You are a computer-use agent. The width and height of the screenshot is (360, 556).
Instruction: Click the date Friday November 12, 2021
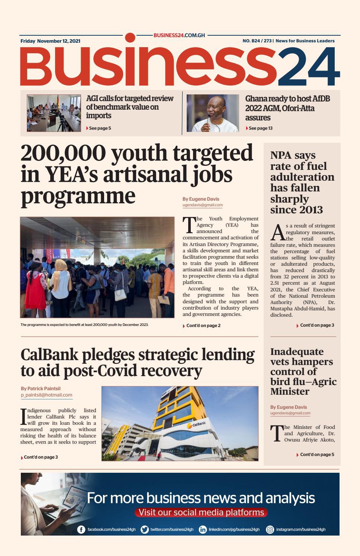(50, 41)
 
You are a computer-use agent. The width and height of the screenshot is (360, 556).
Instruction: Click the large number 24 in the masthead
(308, 67)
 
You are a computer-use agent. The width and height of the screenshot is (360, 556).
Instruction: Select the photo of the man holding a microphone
(213, 113)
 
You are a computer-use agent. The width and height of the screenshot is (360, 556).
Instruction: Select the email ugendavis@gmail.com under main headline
(203, 205)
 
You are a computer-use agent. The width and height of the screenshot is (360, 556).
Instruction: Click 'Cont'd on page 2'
(203, 326)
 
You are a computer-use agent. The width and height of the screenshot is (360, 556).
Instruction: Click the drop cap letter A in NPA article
(277, 233)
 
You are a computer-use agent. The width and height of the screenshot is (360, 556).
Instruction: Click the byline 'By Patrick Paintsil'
(41, 388)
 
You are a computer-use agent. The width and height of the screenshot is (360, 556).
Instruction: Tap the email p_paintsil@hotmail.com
(46, 395)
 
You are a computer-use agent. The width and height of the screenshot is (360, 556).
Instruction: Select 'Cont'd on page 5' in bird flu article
(316, 455)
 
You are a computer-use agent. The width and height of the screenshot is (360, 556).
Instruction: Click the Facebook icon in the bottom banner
(81, 530)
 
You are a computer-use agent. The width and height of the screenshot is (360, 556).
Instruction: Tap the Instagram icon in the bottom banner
(270, 530)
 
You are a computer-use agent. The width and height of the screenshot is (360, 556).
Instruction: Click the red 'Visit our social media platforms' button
(201, 513)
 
